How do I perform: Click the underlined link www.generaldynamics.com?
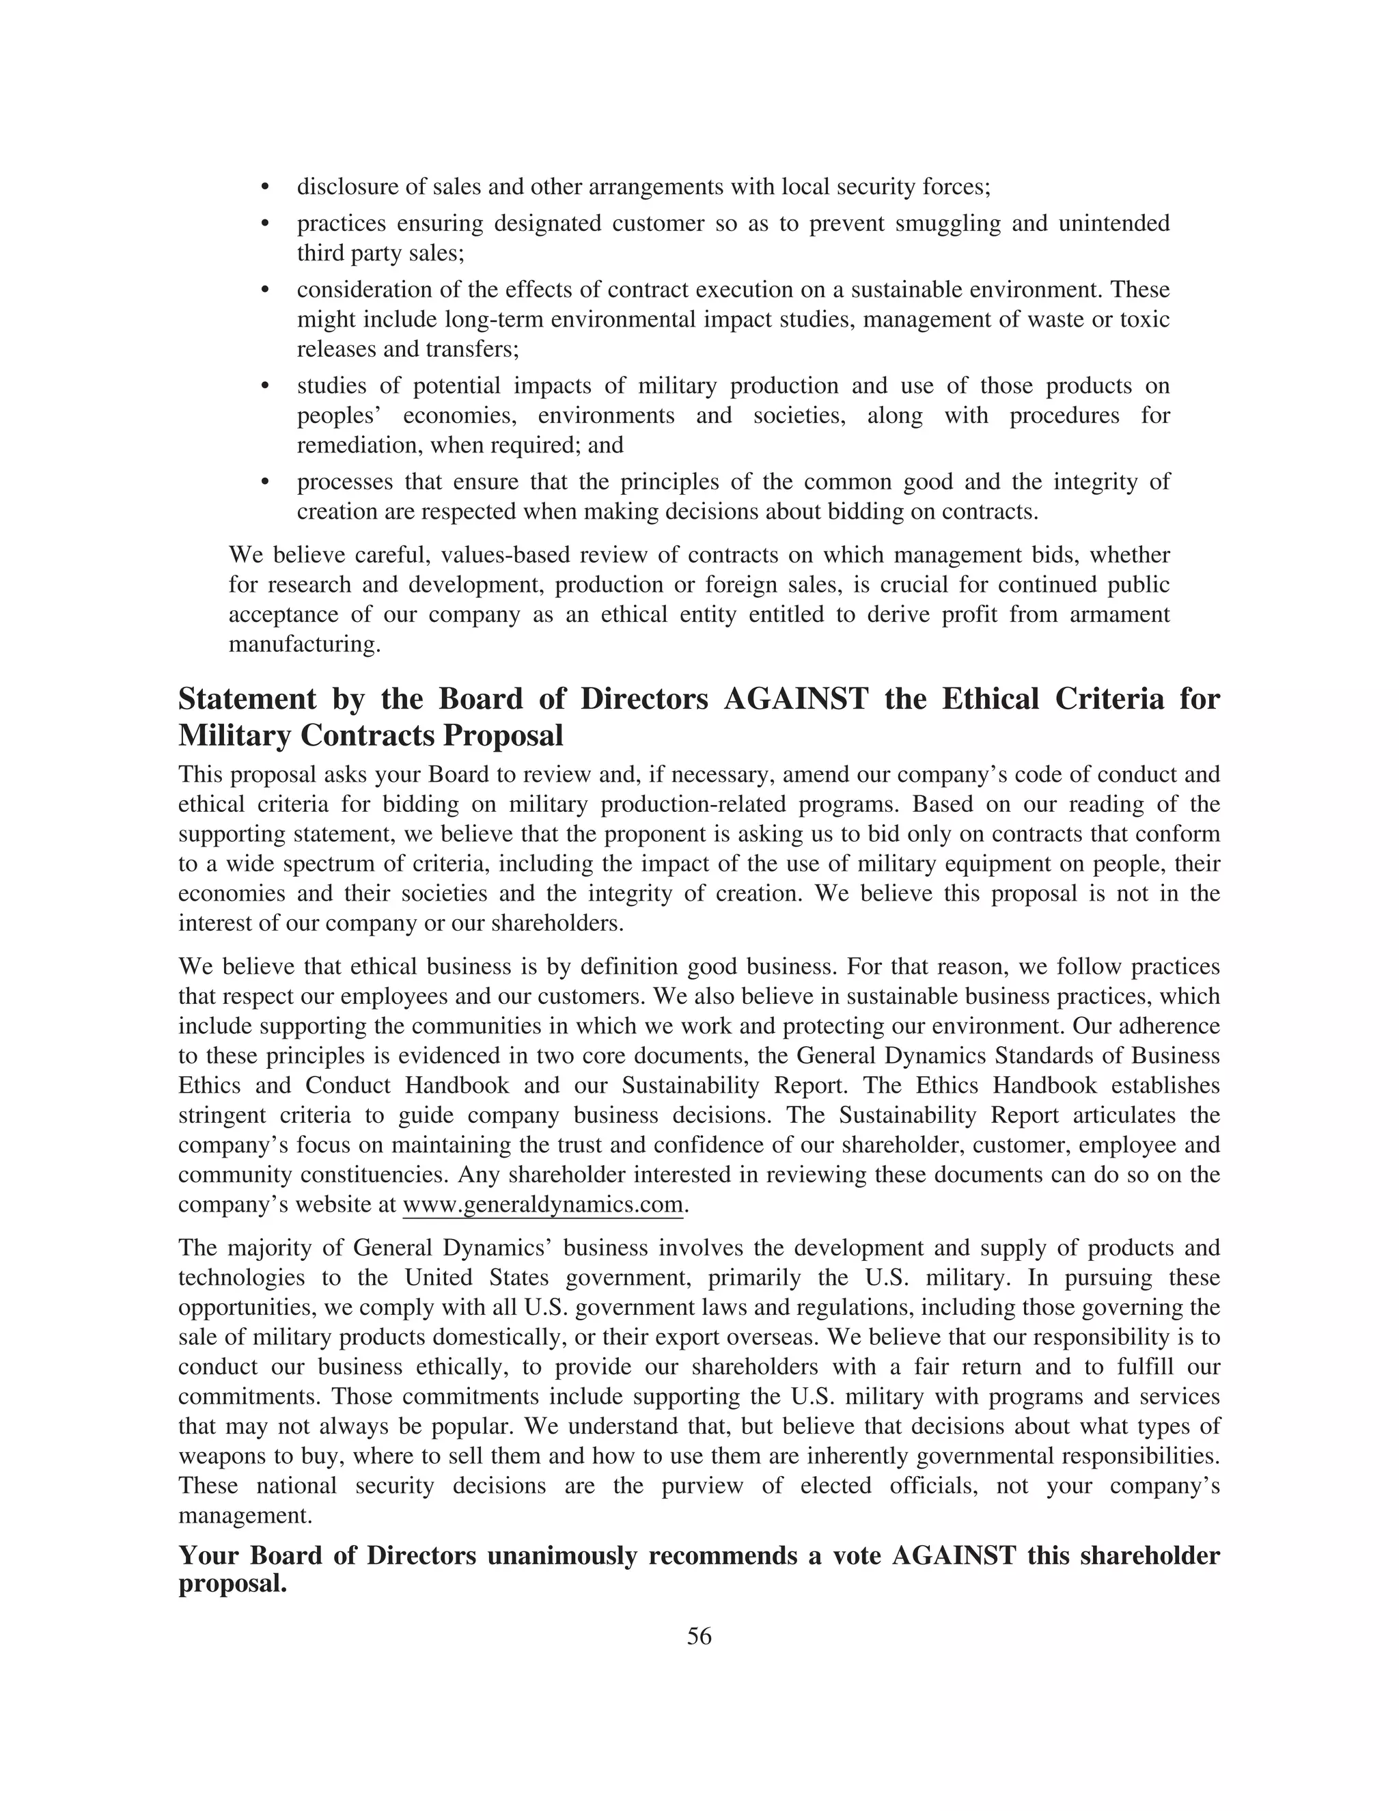point(543,1205)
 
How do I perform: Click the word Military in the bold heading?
point(234,735)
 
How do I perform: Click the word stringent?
point(217,1115)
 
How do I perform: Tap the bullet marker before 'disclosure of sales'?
point(266,187)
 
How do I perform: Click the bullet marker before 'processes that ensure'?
point(266,482)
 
